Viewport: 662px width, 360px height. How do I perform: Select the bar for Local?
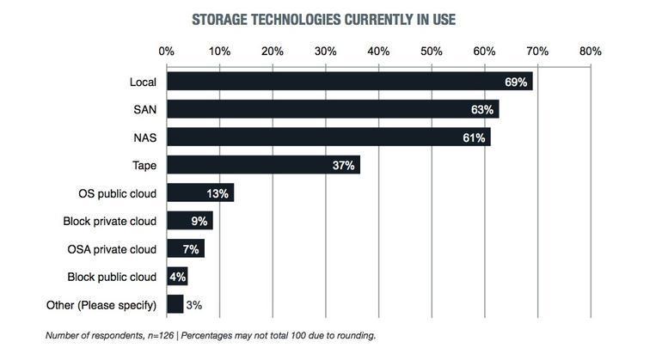point(349,82)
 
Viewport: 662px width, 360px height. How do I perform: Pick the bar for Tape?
point(263,165)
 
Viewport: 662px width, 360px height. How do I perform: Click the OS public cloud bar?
point(199,192)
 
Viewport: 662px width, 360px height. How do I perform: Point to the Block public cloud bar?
point(176,277)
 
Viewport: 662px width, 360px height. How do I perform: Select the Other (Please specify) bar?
point(175,304)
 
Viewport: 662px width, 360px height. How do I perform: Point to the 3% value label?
point(195,305)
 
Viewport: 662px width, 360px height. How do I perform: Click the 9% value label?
point(200,222)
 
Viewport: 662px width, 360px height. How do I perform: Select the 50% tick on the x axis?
point(432,52)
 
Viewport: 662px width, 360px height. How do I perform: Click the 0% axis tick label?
point(167,52)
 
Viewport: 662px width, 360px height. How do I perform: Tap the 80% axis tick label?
point(591,52)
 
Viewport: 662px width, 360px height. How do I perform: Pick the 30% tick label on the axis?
point(326,52)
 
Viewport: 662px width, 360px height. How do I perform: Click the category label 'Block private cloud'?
point(110,221)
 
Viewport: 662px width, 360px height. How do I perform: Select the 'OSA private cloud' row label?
point(112,249)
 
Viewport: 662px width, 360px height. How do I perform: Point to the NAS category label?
point(145,137)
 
